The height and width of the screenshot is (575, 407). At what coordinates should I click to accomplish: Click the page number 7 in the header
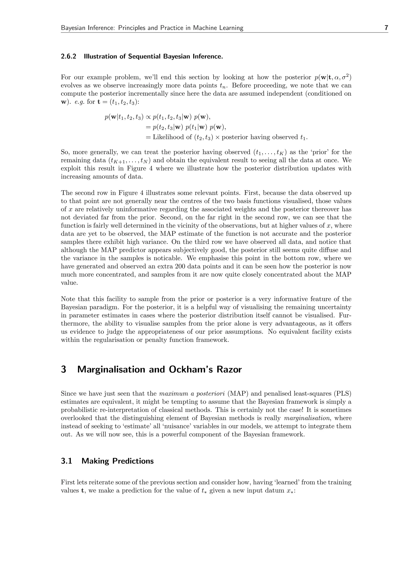click(386, 28)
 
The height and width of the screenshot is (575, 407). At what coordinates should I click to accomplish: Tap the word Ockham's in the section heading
click(191, 369)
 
